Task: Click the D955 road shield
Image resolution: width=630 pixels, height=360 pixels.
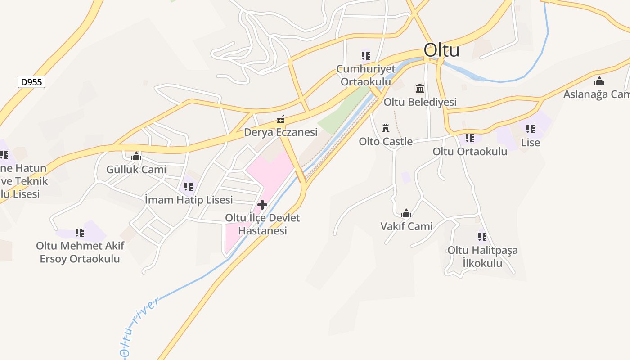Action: [31, 82]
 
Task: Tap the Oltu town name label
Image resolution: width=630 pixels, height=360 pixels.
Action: [441, 50]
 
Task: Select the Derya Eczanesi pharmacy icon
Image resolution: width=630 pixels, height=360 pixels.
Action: [281, 119]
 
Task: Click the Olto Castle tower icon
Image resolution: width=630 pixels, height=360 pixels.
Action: [386, 128]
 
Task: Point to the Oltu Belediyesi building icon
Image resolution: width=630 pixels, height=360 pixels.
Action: [420, 88]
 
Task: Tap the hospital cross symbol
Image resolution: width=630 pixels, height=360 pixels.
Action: [262, 205]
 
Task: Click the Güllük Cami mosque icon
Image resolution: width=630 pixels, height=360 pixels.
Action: [136, 157]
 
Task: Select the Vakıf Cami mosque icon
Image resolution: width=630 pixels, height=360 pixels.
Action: [406, 213]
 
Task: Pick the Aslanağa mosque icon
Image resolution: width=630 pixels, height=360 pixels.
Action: [599, 81]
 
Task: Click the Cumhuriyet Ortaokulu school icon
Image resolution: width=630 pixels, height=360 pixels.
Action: [366, 56]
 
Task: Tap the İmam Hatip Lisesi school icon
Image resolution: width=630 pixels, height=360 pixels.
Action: [189, 186]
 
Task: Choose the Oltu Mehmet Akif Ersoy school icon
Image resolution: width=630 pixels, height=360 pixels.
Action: [80, 233]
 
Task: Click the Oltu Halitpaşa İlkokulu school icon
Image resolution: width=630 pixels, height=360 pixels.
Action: [482, 237]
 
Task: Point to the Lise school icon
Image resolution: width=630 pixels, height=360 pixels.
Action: [531, 130]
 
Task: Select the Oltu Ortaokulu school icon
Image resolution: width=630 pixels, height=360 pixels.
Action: [470, 138]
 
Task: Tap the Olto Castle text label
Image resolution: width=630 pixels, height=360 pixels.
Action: [386, 142]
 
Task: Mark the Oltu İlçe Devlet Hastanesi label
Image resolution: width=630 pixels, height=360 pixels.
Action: [262, 224]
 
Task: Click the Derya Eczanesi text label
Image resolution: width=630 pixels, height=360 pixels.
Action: [281, 132]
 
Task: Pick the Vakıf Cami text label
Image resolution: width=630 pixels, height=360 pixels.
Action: [406, 226]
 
